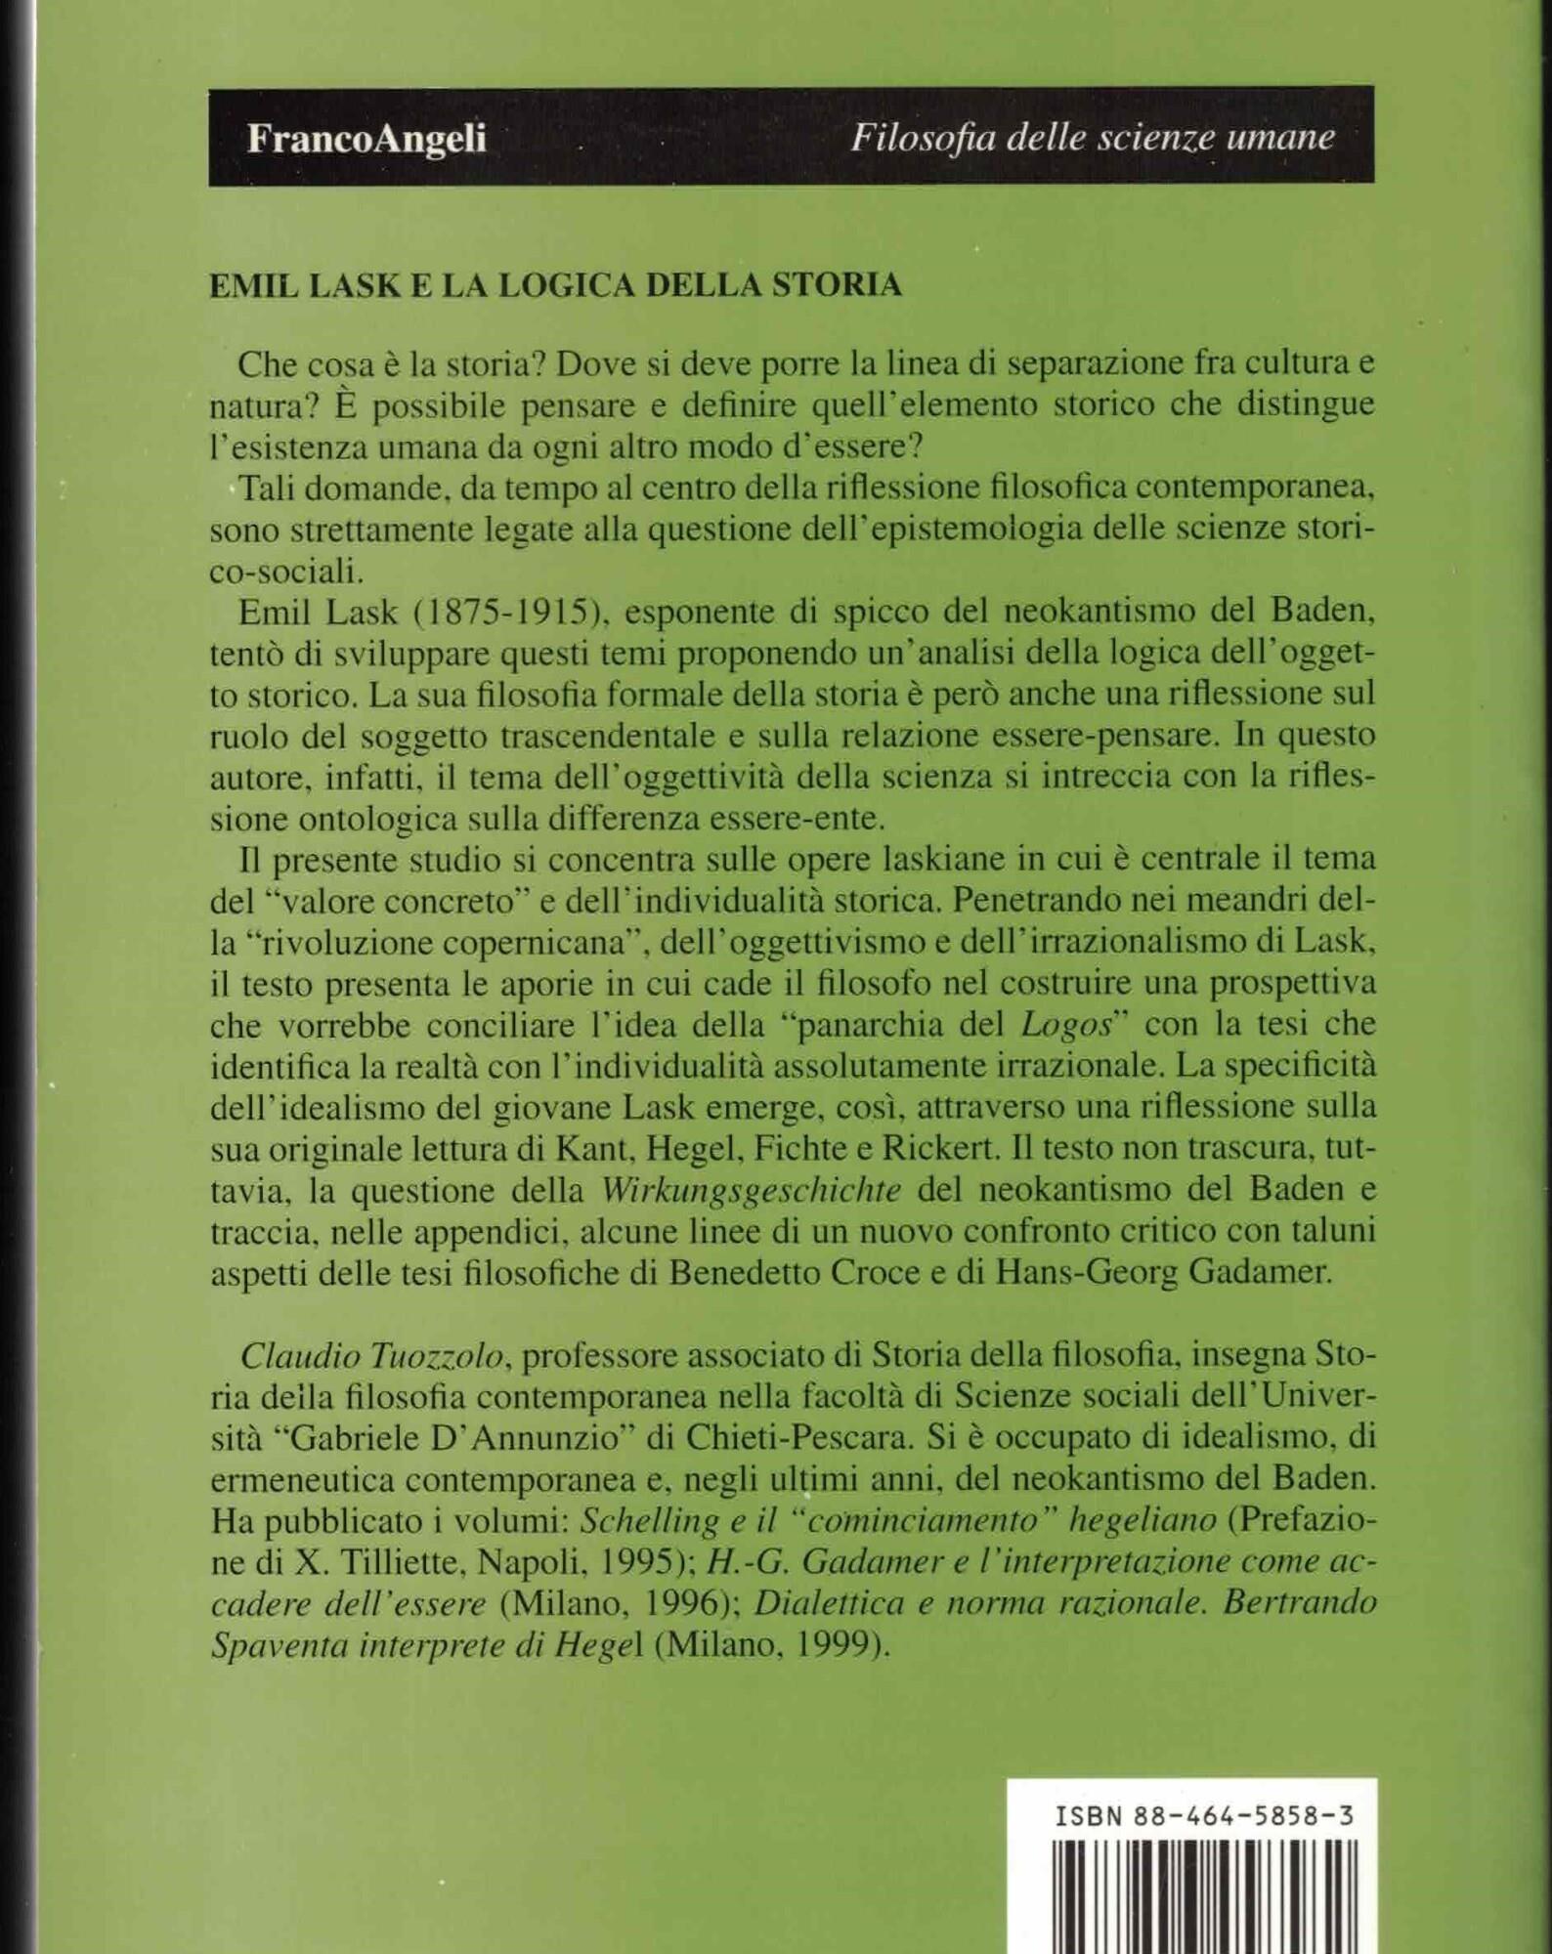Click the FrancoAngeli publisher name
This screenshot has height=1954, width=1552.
point(366,139)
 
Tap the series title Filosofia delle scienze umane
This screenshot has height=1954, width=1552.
point(1092,138)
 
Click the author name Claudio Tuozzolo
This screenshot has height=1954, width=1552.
point(372,1356)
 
